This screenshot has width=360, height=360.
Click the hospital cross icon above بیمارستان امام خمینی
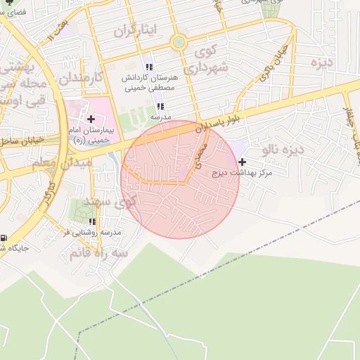tap(91, 119)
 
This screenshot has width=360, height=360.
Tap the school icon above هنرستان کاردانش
tap(148, 66)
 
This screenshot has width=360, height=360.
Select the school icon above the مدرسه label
tap(160, 106)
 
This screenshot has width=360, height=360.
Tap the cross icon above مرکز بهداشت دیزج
tap(243, 162)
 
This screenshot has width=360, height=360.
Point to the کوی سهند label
tap(108, 202)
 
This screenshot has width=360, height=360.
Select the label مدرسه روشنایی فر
tap(91, 232)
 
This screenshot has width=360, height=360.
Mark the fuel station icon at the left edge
tap(4, 238)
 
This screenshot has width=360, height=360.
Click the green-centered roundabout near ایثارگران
tap(179, 43)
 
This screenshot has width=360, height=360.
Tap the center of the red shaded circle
tap(180, 179)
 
